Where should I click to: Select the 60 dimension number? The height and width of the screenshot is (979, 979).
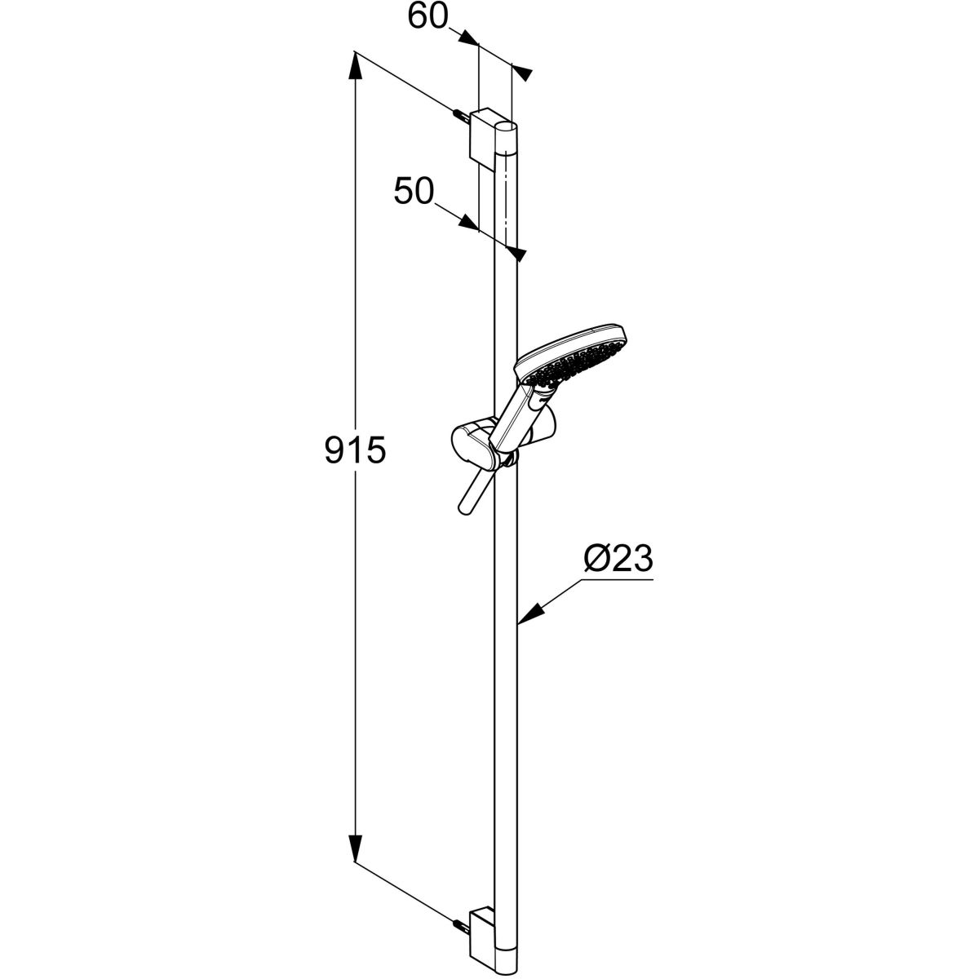pos(429,16)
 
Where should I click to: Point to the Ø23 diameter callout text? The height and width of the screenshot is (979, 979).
pos(619,560)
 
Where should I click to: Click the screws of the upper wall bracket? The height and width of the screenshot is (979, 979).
pos(462,115)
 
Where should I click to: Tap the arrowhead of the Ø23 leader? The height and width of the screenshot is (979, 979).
pos(525,618)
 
